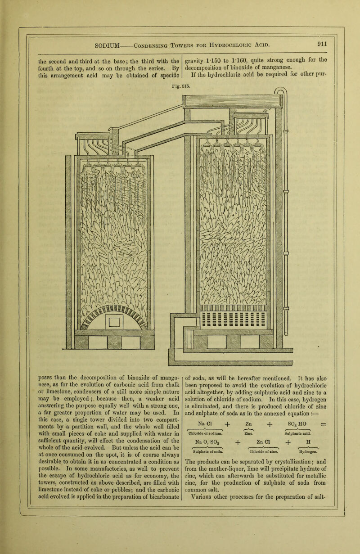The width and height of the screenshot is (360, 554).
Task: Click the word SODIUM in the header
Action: tap(103, 45)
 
